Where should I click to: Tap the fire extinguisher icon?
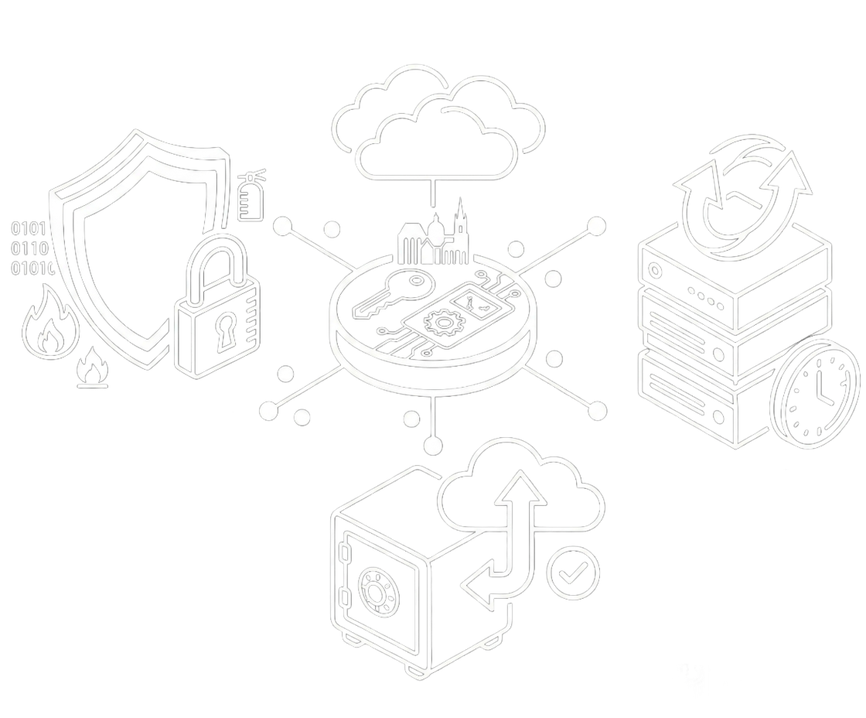(250, 198)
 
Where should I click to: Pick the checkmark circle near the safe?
(572, 573)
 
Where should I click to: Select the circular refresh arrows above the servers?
(740, 193)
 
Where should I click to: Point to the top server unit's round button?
(656, 272)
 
